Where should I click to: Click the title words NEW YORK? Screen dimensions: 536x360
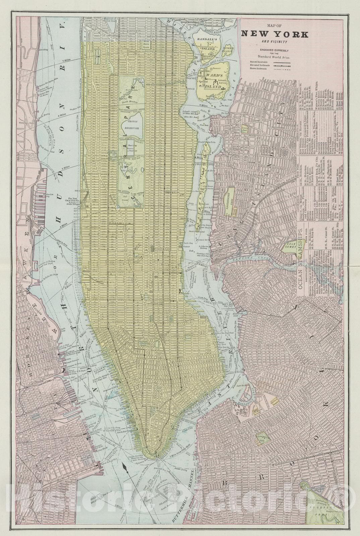pyautogui.click(x=274, y=34)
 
